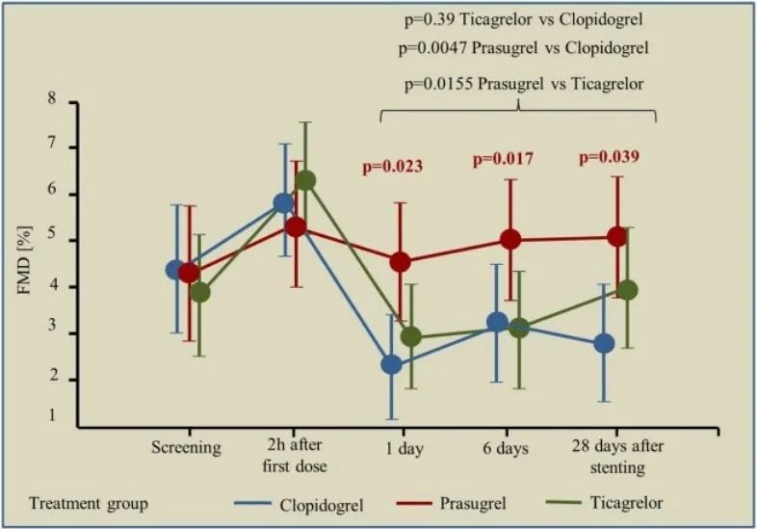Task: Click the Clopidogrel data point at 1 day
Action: coord(391,364)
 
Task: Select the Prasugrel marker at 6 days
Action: coord(510,240)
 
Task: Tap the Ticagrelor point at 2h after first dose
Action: coord(305,180)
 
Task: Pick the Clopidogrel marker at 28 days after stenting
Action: coord(604,343)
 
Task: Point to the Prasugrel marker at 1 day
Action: coord(400,261)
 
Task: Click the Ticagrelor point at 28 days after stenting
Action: coord(627,290)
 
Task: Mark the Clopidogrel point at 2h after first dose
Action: coord(283,203)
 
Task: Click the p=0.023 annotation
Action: coord(392,167)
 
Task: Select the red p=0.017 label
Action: coord(503,159)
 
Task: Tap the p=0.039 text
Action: coord(609,157)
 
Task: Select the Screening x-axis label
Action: coord(185,448)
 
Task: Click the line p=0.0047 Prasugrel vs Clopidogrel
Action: coord(521,48)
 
